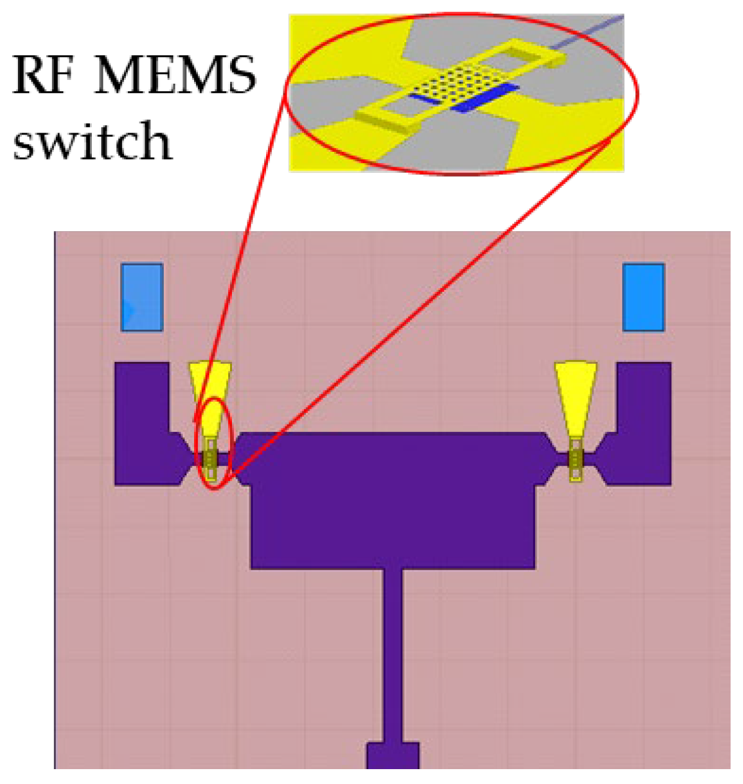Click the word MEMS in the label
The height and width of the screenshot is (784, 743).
pos(176,76)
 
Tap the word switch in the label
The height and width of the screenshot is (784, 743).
pos(92,141)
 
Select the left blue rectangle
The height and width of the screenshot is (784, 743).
pos(142,297)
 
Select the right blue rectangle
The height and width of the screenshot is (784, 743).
pos(644,297)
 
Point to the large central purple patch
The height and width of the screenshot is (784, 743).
pos(392,496)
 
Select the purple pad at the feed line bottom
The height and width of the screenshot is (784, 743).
pos(393,756)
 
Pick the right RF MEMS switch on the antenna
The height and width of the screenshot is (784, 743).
pos(576,459)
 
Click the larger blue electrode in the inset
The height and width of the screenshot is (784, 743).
pos(484,98)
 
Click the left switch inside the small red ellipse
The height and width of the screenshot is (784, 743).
pos(211,459)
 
